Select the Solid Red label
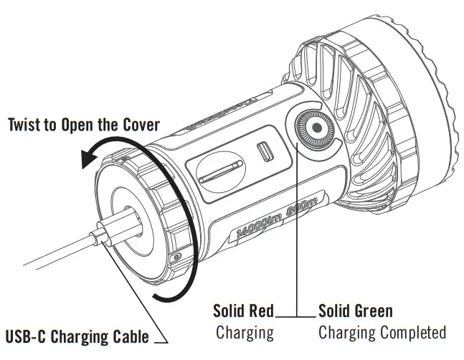coord(243,311)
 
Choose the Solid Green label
coord(356,311)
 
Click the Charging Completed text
coord(382,332)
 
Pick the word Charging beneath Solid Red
coord(245,332)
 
